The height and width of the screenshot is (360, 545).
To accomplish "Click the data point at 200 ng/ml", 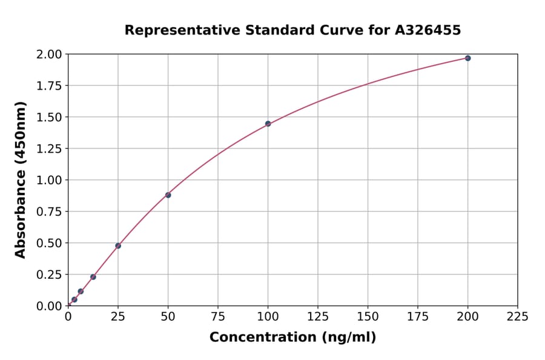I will pyautogui.click(x=467, y=58).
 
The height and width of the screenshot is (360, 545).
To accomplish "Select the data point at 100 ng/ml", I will pyautogui.click(x=268, y=124).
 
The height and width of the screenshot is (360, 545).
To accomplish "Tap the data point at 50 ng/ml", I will pyautogui.click(x=168, y=195).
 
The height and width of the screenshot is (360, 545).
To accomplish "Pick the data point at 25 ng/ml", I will pyautogui.click(x=118, y=245).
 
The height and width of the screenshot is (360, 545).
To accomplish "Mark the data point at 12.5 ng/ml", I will pyautogui.click(x=93, y=277).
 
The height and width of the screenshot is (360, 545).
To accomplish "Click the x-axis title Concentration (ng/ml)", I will pyautogui.click(x=292, y=338).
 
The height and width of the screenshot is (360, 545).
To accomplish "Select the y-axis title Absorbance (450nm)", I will pyautogui.click(x=21, y=180).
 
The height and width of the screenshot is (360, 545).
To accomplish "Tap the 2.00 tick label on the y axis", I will pyautogui.click(x=49, y=55).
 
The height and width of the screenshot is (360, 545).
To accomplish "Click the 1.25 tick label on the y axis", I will pyautogui.click(x=49, y=148).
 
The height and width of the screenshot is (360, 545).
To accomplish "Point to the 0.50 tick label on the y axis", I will pyautogui.click(x=49, y=243).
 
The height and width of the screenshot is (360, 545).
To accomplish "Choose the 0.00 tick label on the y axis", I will pyautogui.click(x=49, y=306).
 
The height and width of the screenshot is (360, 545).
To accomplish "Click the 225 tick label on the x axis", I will pyautogui.click(x=517, y=317).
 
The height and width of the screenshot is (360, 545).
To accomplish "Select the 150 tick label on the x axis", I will pyautogui.click(x=368, y=317).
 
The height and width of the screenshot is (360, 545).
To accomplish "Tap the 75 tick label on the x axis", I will pyautogui.click(x=218, y=317).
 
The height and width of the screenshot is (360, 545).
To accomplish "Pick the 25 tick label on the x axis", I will pyautogui.click(x=118, y=317).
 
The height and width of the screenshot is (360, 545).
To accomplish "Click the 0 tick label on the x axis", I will pyautogui.click(x=68, y=317).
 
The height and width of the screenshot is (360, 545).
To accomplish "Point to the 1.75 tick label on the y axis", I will pyautogui.click(x=49, y=86).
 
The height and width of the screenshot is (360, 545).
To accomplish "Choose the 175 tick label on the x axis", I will pyautogui.click(x=417, y=317).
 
